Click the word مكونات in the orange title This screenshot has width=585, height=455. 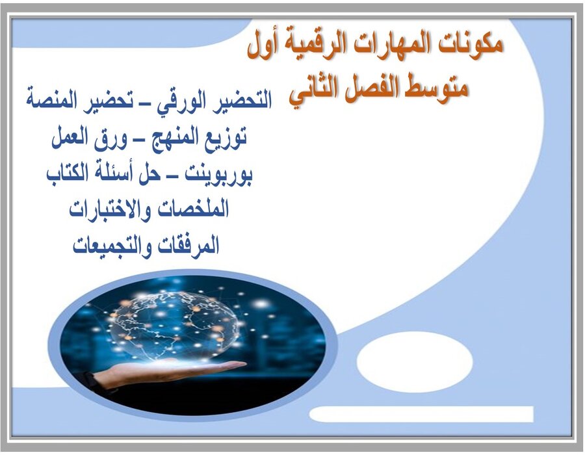(x=469, y=46)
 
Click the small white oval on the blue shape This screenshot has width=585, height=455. (x=415, y=361)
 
